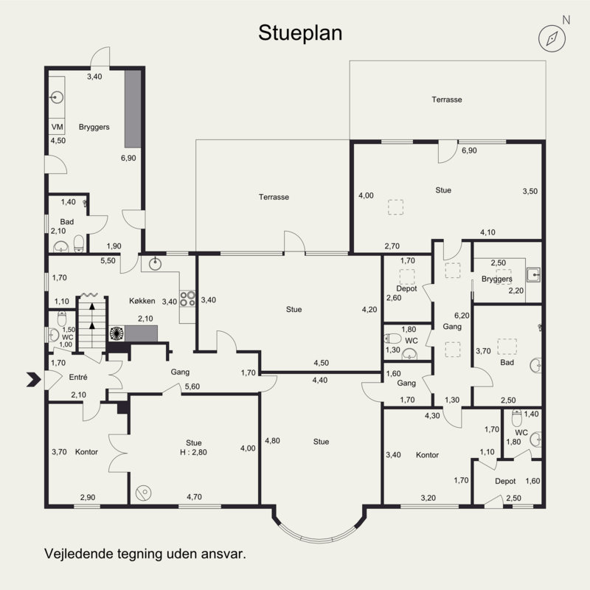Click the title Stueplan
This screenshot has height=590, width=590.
point(300,33)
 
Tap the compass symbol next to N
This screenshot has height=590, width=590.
point(552,38)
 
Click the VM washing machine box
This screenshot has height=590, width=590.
point(57,127)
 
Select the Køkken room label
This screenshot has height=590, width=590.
point(142,301)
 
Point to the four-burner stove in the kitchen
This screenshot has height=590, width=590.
point(187,299)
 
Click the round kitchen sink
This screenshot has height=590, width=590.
point(155,264)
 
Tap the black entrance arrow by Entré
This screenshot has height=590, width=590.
point(33,379)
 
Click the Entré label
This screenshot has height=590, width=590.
point(78,377)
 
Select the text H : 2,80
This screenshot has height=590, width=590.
point(193,452)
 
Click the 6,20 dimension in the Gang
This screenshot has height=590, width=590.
point(462,316)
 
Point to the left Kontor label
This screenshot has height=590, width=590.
point(86,452)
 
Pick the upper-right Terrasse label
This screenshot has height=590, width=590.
point(447,100)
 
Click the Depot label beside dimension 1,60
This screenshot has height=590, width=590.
point(505,482)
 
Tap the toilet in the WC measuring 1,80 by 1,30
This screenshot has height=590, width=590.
point(393,338)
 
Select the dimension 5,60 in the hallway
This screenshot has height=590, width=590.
point(192,386)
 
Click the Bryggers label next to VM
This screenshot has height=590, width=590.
point(94,127)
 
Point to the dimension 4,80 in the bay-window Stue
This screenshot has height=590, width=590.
point(272,440)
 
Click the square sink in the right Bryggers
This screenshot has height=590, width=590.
point(533,274)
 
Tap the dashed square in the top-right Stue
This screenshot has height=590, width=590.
point(395,207)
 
